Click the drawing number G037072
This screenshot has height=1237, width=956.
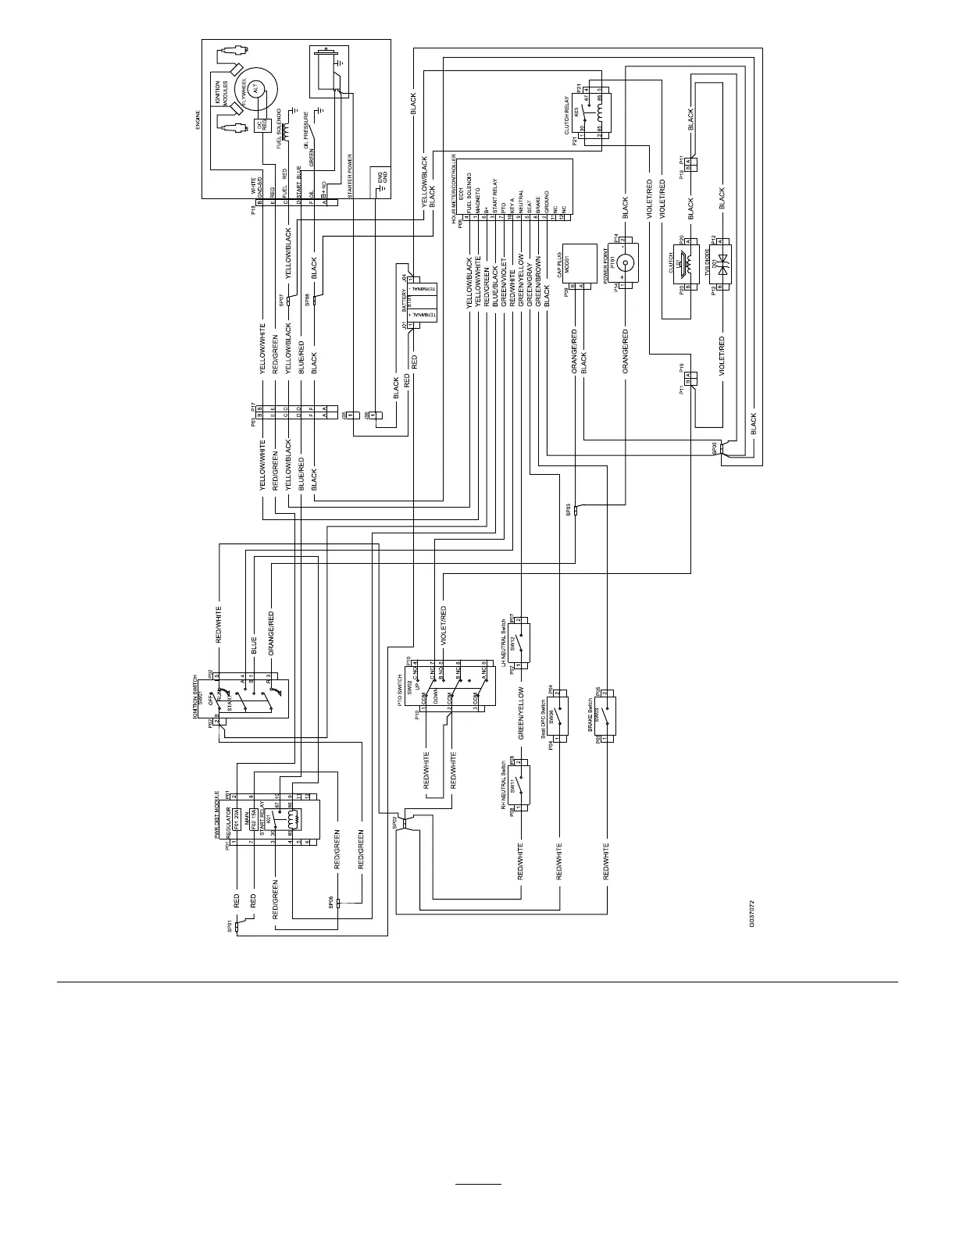pyautogui.click(x=751, y=913)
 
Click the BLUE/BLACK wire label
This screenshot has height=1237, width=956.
pyautogui.click(x=495, y=283)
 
